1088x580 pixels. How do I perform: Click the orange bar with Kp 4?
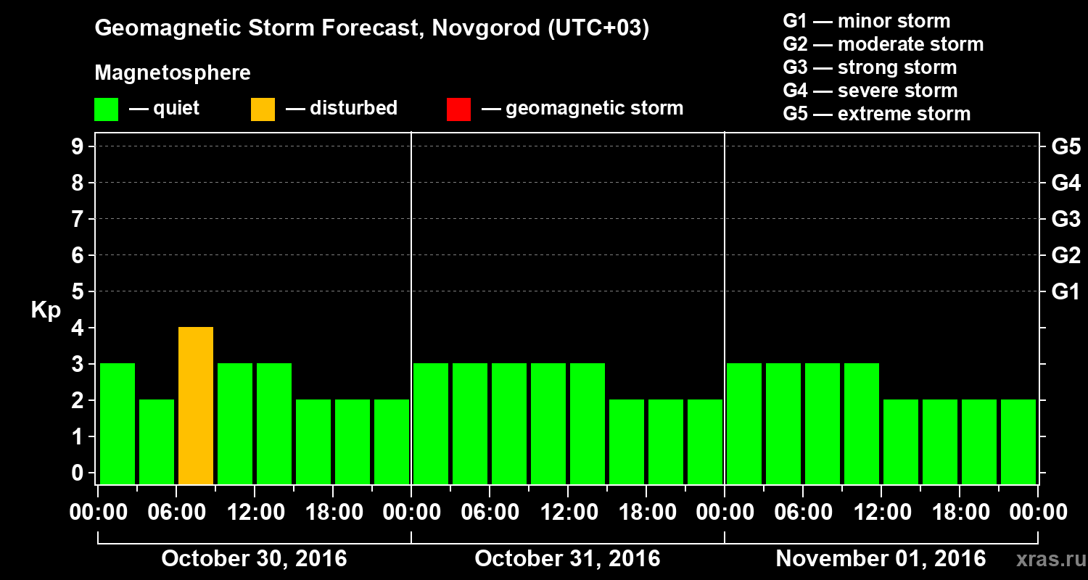196,405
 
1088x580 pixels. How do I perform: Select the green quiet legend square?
106,109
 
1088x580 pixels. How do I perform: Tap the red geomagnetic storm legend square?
458,109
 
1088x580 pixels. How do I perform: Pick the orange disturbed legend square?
263,109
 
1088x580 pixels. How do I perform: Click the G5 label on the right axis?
1066,147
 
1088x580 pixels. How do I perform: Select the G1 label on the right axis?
1066,292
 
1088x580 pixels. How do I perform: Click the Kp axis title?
46,310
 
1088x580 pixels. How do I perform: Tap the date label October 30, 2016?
254,559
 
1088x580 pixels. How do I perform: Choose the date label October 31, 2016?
567,559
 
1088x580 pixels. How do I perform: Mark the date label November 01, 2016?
881,559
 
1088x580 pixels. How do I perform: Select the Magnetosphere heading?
173,73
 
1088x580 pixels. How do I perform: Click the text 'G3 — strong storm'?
870,67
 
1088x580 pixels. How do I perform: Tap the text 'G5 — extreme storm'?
876,114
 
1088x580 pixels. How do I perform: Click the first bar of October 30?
118,423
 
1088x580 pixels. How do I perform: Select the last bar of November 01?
1018,442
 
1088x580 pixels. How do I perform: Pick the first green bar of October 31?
431,423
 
